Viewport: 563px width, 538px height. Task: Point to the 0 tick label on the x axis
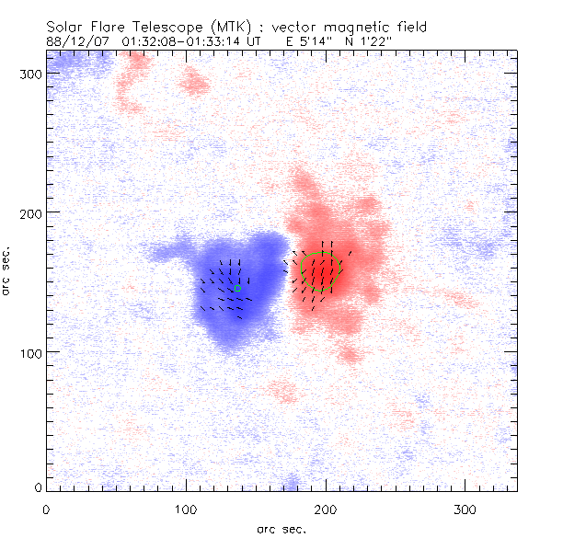click(46, 509)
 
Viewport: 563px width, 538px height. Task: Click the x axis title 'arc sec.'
click(281, 529)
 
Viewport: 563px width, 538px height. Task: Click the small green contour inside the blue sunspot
click(237, 288)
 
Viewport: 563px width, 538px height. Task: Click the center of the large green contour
click(322, 272)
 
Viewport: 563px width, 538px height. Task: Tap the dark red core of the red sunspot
click(324, 276)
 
